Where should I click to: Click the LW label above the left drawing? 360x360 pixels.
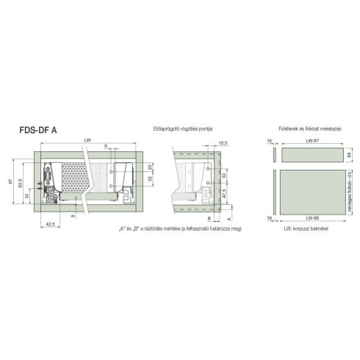tap(87, 140)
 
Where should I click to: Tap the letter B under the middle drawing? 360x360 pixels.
tap(209, 219)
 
